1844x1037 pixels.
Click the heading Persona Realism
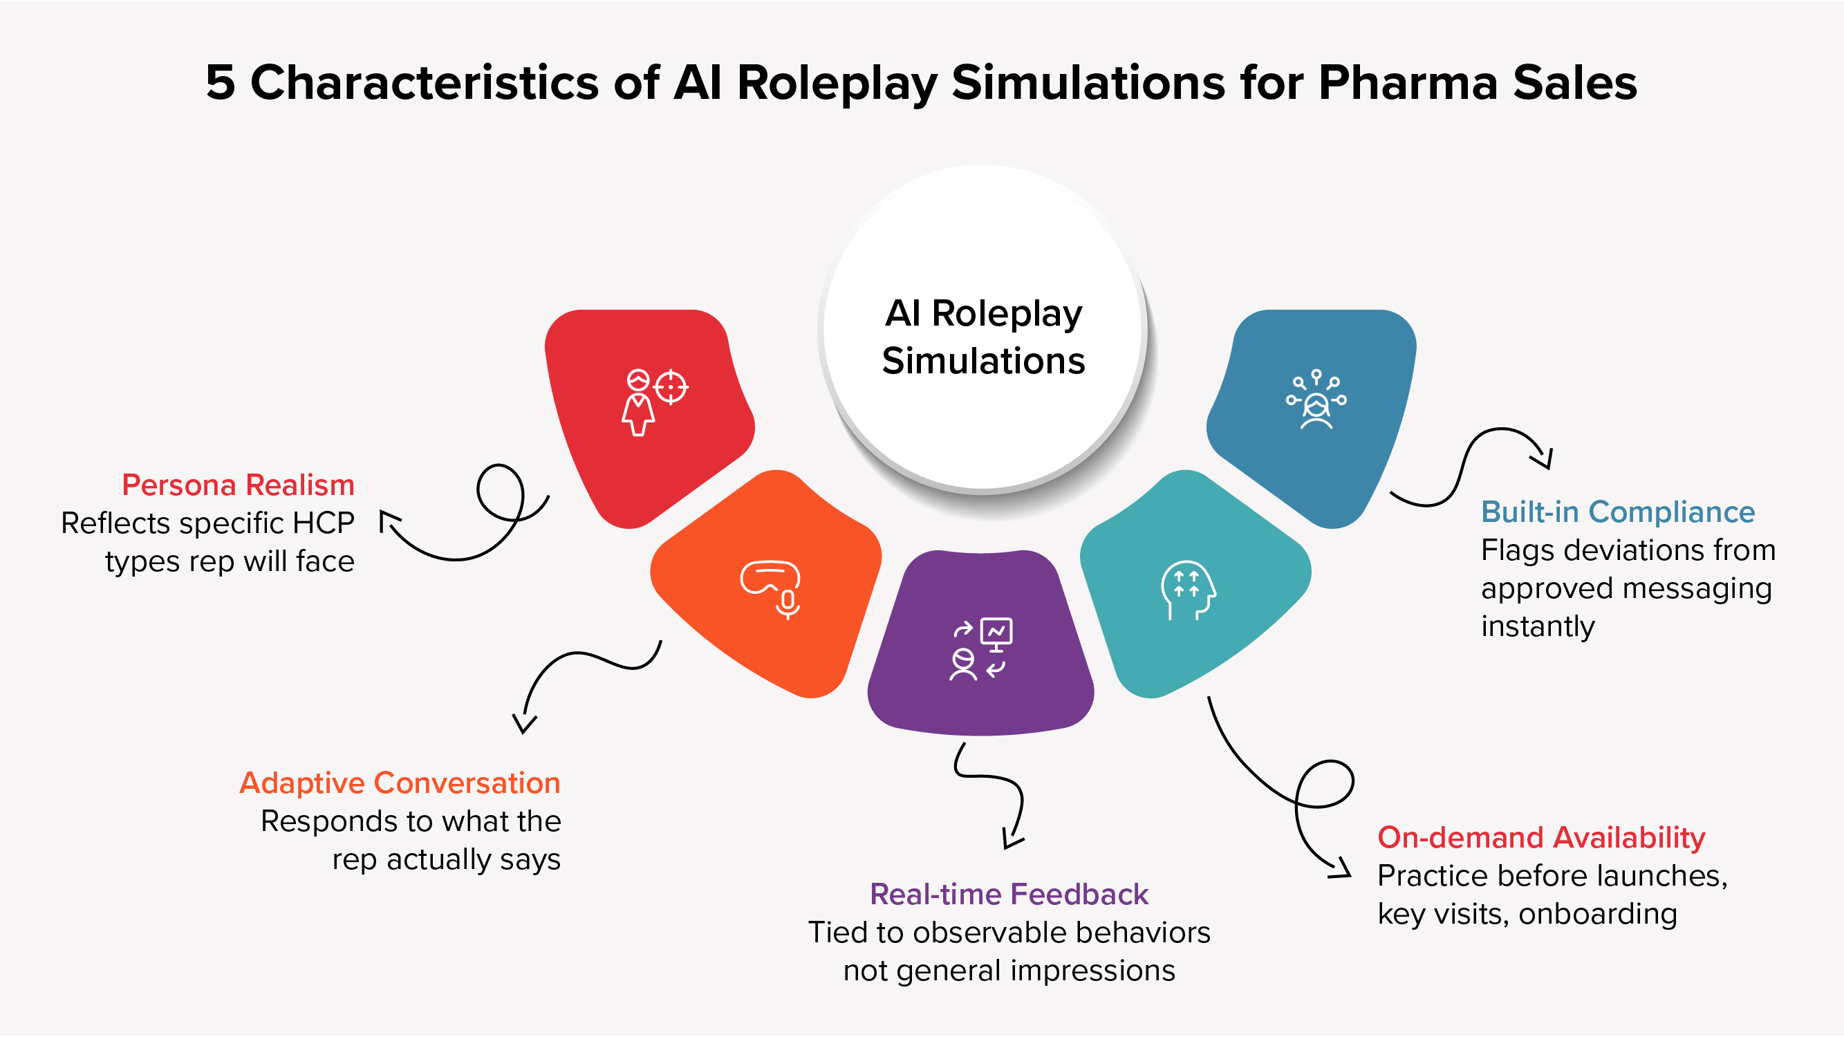(x=238, y=485)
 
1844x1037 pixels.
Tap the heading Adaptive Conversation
(x=400, y=783)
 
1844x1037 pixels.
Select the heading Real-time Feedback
(x=1009, y=895)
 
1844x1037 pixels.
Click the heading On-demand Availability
(x=1540, y=837)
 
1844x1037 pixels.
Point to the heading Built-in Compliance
(x=1617, y=512)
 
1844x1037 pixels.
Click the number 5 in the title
(x=220, y=82)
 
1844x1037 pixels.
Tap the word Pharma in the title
(x=1407, y=82)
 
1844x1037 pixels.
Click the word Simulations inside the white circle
(x=983, y=361)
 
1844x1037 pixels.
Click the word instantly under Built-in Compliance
(x=1537, y=627)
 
